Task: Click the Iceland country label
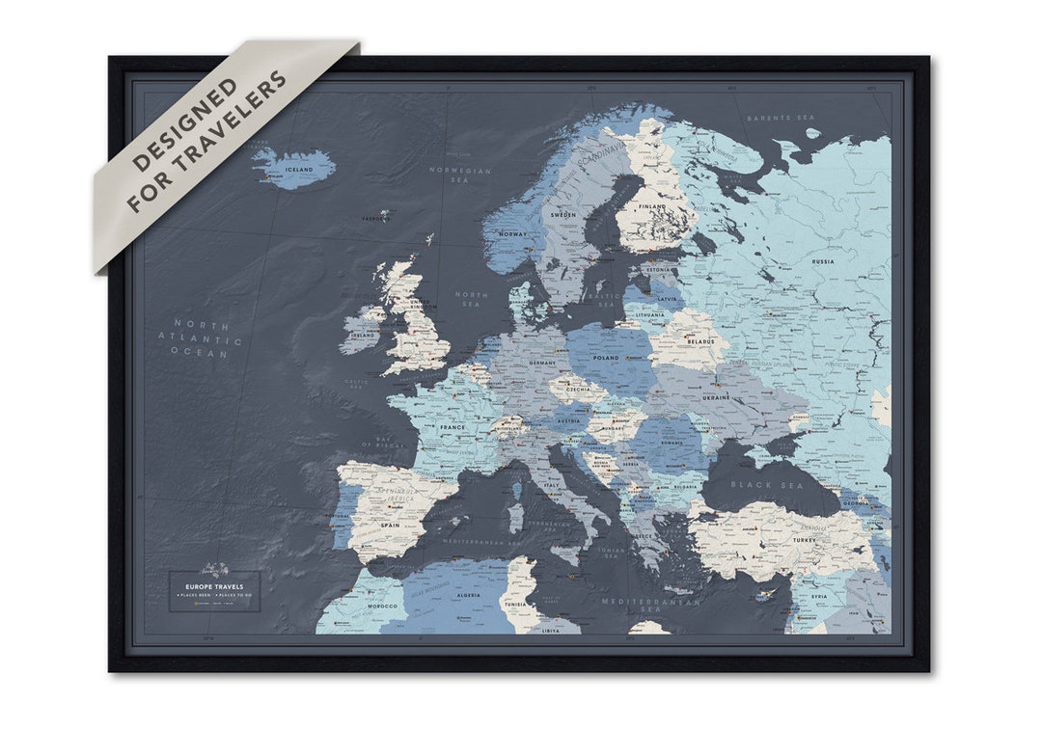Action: pyautogui.click(x=299, y=170)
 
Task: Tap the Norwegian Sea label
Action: pyautogui.click(x=460, y=175)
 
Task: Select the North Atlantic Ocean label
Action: pyautogui.click(x=201, y=338)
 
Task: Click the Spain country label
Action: pyautogui.click(x=390, y=526)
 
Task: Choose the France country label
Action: pyautogui.click(x=452, y=427)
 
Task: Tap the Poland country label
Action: pyautogui.click(x=606, y=358)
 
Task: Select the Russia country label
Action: pyautogui.click(x=823, y=261)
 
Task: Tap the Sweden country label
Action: pyautogui.click(x=563, y=214)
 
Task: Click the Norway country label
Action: pyautogui.click(x=512, y=234)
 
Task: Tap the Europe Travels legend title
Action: pyautogui.click(x=214, y=586)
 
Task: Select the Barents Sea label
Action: pyautogui.click(x=781, y=118)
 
